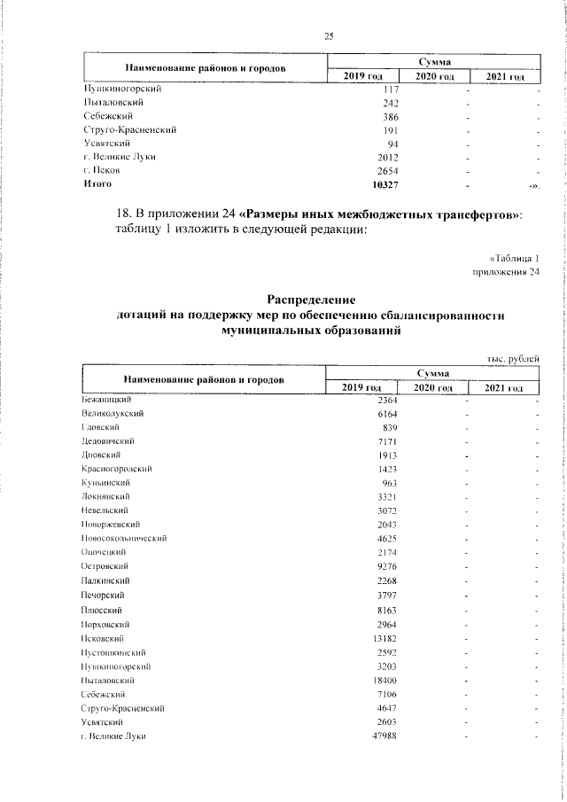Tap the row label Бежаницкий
(x=106, y=401)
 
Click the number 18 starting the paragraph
(x=125, y=215)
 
